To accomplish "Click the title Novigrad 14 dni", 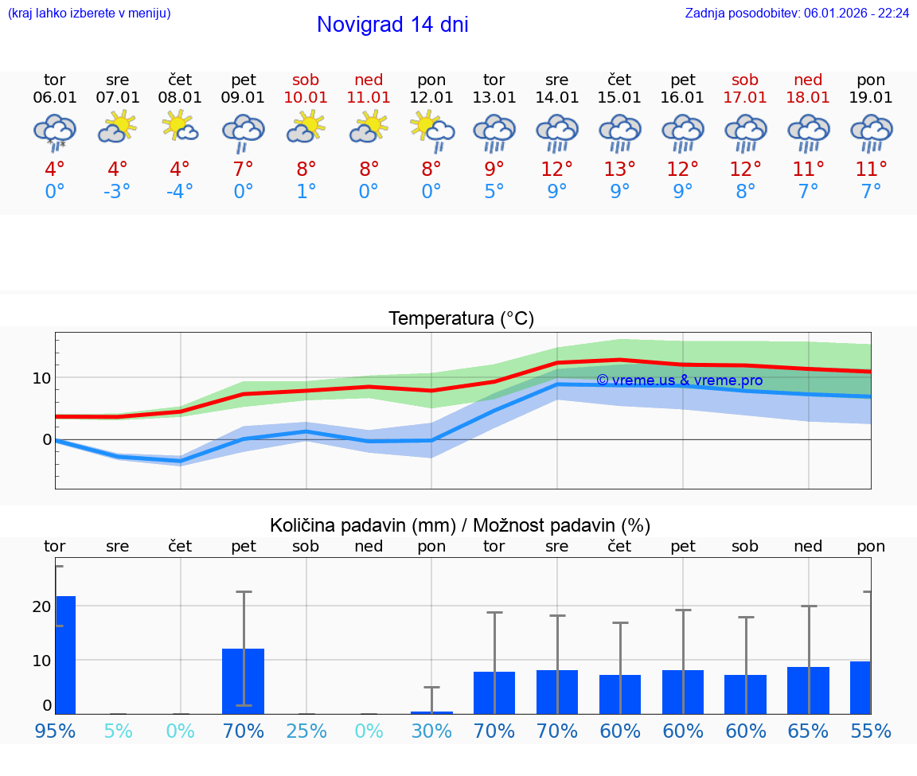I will [x=392, y=25].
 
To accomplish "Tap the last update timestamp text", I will [x=797, y=14].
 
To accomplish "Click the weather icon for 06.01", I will [x=54, y=131].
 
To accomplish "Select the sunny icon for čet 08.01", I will [x=180, y=127].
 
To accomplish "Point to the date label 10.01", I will [x=306, y=98].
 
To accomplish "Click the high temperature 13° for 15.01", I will [x=619, y=170].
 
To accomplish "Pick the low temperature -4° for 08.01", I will [x=180, y=192].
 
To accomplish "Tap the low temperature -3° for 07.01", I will [x=117, y=192].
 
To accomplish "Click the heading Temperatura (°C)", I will [x=461, y=319].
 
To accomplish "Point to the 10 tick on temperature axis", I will [x=41, y=377].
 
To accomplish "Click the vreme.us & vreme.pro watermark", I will [x=679, y=380].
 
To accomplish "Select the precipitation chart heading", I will [x=460, y=525].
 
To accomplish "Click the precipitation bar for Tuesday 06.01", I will [x=65, y=654].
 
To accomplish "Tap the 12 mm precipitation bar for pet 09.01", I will [x=243, y=680].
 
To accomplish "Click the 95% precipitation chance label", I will [x=55, y=731].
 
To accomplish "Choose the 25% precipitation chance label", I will [x=306, y=731].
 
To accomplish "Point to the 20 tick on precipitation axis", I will [x=41, y=606].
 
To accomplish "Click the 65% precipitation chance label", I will [x=808, y=731].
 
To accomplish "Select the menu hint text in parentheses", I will [x=89, y=14].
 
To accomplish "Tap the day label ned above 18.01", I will [x=808, y=80].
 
